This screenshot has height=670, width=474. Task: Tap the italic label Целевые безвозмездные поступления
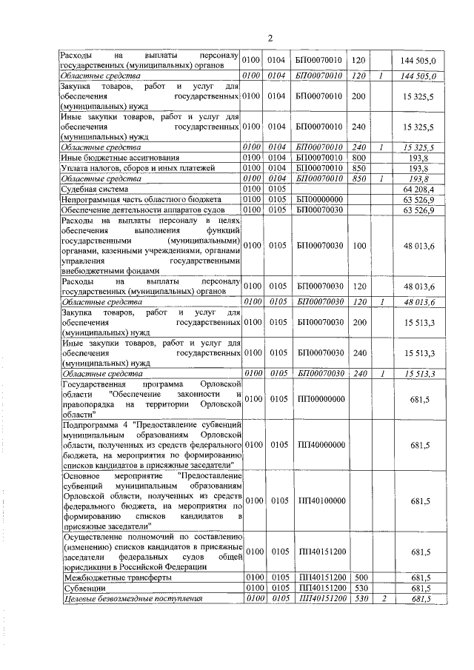[x=133, y=598]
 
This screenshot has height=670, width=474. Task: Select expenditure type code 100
[x=358, y=244]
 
